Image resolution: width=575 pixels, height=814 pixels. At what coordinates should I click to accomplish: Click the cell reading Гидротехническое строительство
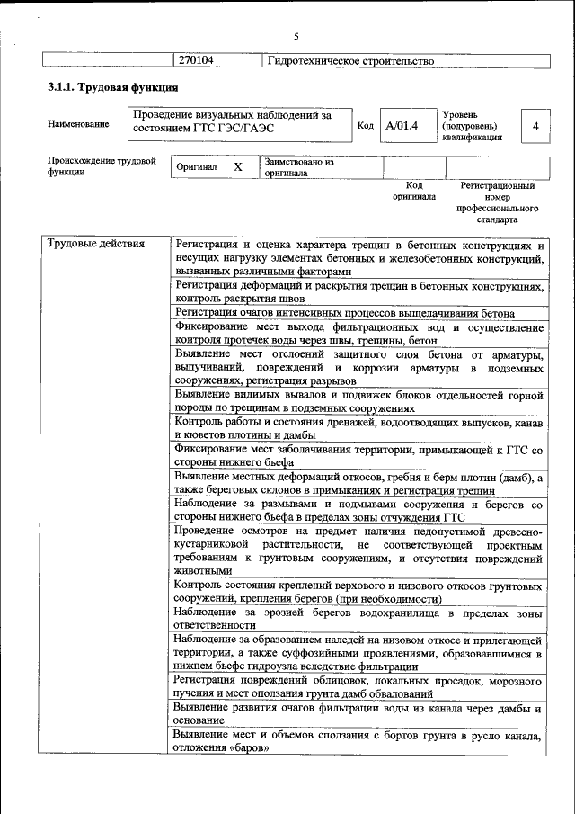click(x=350, y=61)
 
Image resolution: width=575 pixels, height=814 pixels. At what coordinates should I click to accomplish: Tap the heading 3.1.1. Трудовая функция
click(x=112, y=88)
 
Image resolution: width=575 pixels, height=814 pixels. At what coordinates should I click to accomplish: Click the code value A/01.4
click(x=402, y=125)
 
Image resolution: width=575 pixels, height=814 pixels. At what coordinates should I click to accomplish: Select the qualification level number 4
click(x=535, y=126)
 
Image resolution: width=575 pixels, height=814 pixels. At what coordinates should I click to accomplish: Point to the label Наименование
click(x=79, y=124)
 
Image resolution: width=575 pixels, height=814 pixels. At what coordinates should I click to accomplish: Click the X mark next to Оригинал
click(x=238, y=167)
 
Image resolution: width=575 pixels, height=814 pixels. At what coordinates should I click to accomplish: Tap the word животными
click(x=204, y=571)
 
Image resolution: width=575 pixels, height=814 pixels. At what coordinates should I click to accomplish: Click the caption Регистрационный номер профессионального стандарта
click(x=497, y=201)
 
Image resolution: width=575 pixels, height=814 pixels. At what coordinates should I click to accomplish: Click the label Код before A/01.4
click(x=365, y=125)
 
